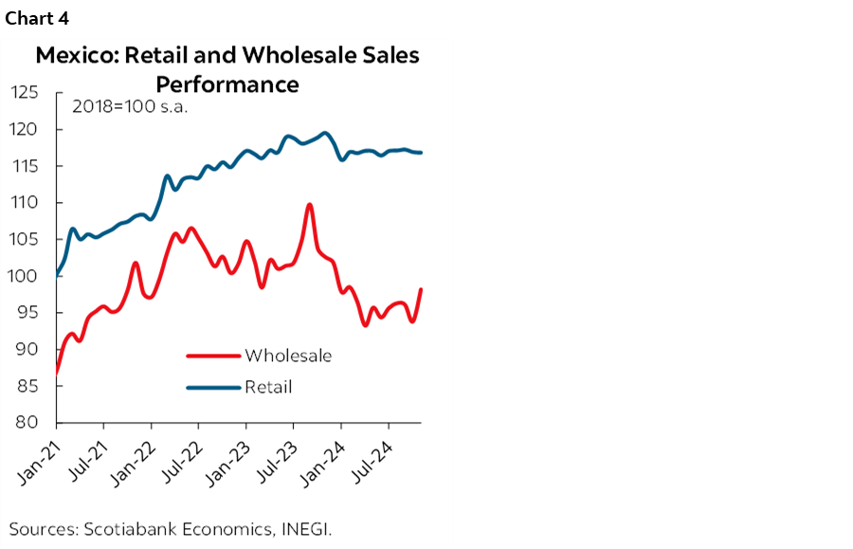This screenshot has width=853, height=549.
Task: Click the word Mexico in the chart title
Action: tap(72, 56)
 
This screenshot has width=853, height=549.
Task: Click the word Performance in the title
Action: tap(227, 84)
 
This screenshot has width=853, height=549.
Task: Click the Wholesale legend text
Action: tap(288, 356)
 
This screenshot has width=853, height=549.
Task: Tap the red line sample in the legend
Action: tap(212, 357)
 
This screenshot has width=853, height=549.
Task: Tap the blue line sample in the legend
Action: tap(212, 387)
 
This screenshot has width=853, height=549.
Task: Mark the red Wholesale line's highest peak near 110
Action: tap(310, 204)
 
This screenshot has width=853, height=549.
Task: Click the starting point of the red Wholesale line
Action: tap(58, 372)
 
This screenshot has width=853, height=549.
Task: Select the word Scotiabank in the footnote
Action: tap(124, 528)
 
